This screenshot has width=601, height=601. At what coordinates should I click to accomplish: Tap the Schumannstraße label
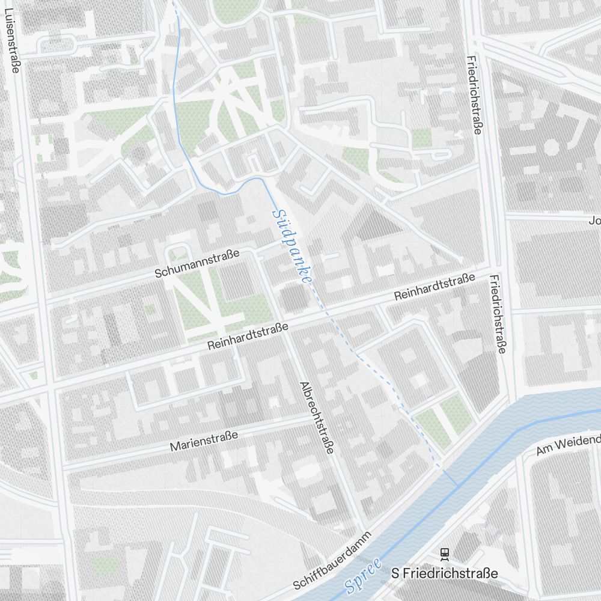point(197,263)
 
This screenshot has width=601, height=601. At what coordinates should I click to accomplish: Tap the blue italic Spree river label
point(364,576)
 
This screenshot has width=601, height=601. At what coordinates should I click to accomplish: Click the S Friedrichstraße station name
point(444,573)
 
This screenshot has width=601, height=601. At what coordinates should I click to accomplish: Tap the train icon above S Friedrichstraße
point(445,553)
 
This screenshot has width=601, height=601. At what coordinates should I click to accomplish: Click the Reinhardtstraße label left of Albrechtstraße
point(248,337)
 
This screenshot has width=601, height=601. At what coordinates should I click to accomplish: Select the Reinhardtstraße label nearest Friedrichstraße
point(435,287)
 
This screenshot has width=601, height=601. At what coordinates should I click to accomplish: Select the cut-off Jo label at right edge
point(594,221)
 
